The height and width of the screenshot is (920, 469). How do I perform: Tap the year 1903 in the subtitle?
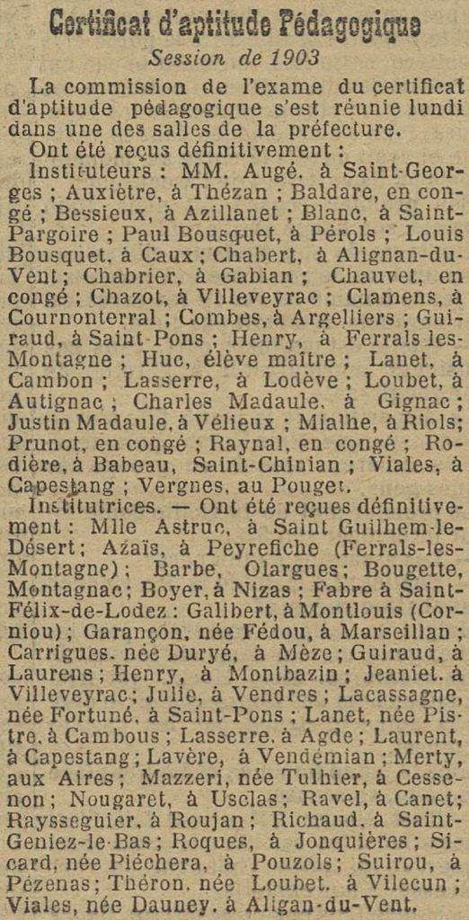(x=293, y=59)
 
